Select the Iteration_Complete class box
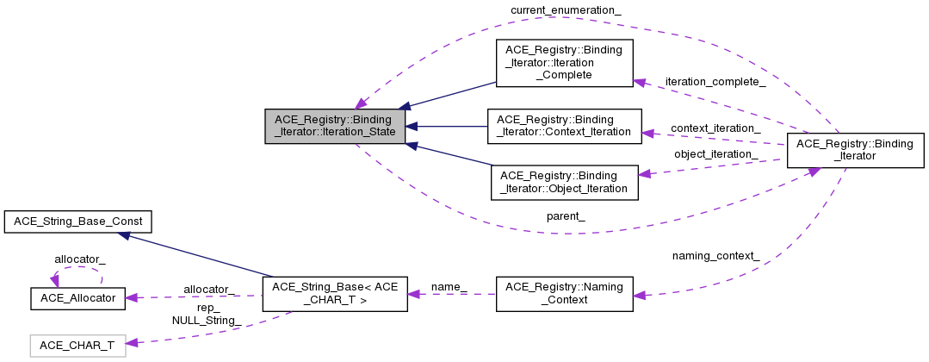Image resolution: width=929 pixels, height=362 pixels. point(564,60)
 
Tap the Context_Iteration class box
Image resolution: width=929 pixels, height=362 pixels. point(564,126)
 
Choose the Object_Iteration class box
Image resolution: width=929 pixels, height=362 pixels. point(564,182)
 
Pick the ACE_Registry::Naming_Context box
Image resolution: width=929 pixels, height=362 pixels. point(564,294)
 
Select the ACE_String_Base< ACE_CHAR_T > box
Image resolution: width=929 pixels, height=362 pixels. point(334,294)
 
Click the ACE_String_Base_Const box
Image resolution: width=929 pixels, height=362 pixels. point(77,222)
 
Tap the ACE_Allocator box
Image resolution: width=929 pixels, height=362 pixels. point(77,298)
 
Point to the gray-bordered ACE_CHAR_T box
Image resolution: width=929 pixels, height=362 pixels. point(77,346)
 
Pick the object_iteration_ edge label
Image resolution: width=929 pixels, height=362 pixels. point(715,154)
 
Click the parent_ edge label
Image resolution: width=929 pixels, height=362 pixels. point(567,215)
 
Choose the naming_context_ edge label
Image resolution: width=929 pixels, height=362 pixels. point(715,255)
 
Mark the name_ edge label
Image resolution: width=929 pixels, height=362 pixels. point(449,285)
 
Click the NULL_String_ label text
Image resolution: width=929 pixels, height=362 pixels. point(207,321)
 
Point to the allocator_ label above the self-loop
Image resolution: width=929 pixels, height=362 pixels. point(79,259)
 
